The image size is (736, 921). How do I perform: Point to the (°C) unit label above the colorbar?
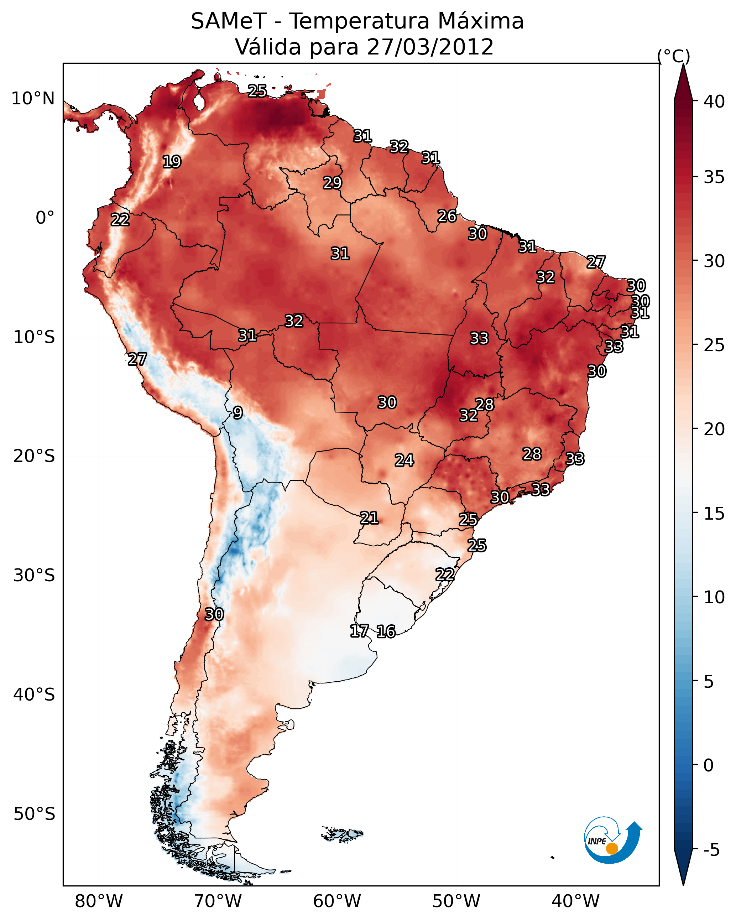pos(673,56)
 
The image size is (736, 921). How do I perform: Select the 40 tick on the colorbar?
pos(714,102)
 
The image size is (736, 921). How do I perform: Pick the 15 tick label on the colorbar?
pos(714,514)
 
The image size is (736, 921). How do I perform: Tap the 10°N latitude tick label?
pos(33,99)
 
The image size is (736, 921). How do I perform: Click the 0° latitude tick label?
pos(45,218)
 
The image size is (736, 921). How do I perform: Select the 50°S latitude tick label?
pos(34,814)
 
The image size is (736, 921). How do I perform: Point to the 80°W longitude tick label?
pos(99,901)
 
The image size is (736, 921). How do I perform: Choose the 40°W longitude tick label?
pos(575,901)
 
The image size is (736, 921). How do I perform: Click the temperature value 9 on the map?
pos(238,413)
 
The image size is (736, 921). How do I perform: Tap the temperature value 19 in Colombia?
pos(172,162)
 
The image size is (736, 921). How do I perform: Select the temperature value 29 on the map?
pos(332,183)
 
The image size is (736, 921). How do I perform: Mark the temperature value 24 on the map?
pos(404,460)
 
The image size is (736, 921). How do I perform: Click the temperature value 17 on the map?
pos(359,631)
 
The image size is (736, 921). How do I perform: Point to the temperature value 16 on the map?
pos(386,631)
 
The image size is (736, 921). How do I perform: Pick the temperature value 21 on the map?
pos(369,518)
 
